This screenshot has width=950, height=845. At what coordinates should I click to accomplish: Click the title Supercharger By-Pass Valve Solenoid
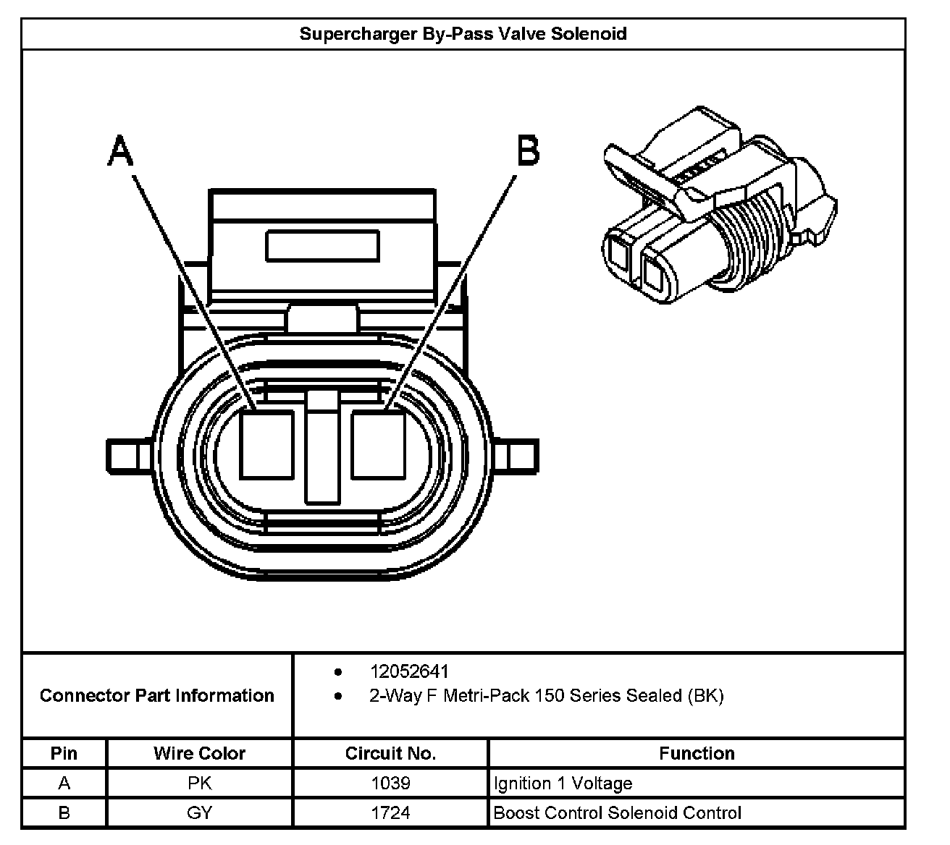pos(463,34)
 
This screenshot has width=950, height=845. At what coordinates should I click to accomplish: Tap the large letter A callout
pos(121,150)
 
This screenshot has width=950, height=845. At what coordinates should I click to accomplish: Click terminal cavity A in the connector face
pos(266,444)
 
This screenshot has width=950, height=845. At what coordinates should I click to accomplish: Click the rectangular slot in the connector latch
pos(323,246)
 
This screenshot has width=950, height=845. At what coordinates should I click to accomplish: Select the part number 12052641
pos(410,671)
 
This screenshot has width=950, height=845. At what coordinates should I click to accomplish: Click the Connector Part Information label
pos(157,696)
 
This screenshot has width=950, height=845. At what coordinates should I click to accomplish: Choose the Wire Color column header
pos(199,753)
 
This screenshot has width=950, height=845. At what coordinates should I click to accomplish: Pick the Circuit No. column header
pos(390,753)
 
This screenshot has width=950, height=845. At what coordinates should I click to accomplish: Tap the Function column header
pos(697,753)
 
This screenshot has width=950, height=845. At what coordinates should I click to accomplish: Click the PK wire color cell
pos(199,783)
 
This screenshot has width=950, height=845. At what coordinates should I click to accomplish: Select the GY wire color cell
pos(199,812)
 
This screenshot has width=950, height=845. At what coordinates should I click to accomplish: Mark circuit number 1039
pos(390,783)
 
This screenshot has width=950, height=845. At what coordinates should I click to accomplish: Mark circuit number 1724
pos(390,812)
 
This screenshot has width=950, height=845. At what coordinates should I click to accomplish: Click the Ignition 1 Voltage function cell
pos(563,783)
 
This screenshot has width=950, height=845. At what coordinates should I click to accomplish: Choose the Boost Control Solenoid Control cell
pos(617,812)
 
